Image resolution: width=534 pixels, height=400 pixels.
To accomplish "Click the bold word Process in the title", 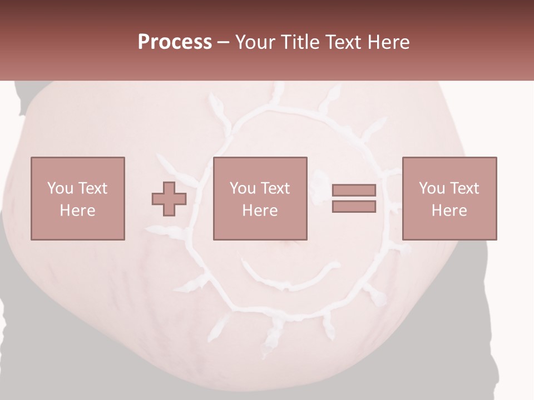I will coord(175,42).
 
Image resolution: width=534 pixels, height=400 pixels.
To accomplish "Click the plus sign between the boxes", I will coord(169,199).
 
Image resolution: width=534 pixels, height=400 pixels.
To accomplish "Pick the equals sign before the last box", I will coord(354,198).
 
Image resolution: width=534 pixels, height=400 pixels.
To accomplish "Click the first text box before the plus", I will coord(78,198).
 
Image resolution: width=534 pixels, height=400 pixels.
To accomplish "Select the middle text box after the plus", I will coord(260,198).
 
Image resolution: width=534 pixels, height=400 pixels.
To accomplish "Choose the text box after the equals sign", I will coord(449,198).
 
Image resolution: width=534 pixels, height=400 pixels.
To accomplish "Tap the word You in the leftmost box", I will coord(60,188).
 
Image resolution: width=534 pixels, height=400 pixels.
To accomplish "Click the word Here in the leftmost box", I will coord(78,211).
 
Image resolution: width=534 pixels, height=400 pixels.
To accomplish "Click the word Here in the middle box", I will coord(260,211).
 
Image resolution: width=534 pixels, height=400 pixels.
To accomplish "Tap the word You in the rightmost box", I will coord(431,188).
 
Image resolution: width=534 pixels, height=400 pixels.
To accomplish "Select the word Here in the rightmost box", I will coord(449,211).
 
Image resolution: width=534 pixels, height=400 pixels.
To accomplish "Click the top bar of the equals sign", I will coord(354,190).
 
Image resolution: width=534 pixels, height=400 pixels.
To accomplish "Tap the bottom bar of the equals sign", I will coord(354,207).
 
